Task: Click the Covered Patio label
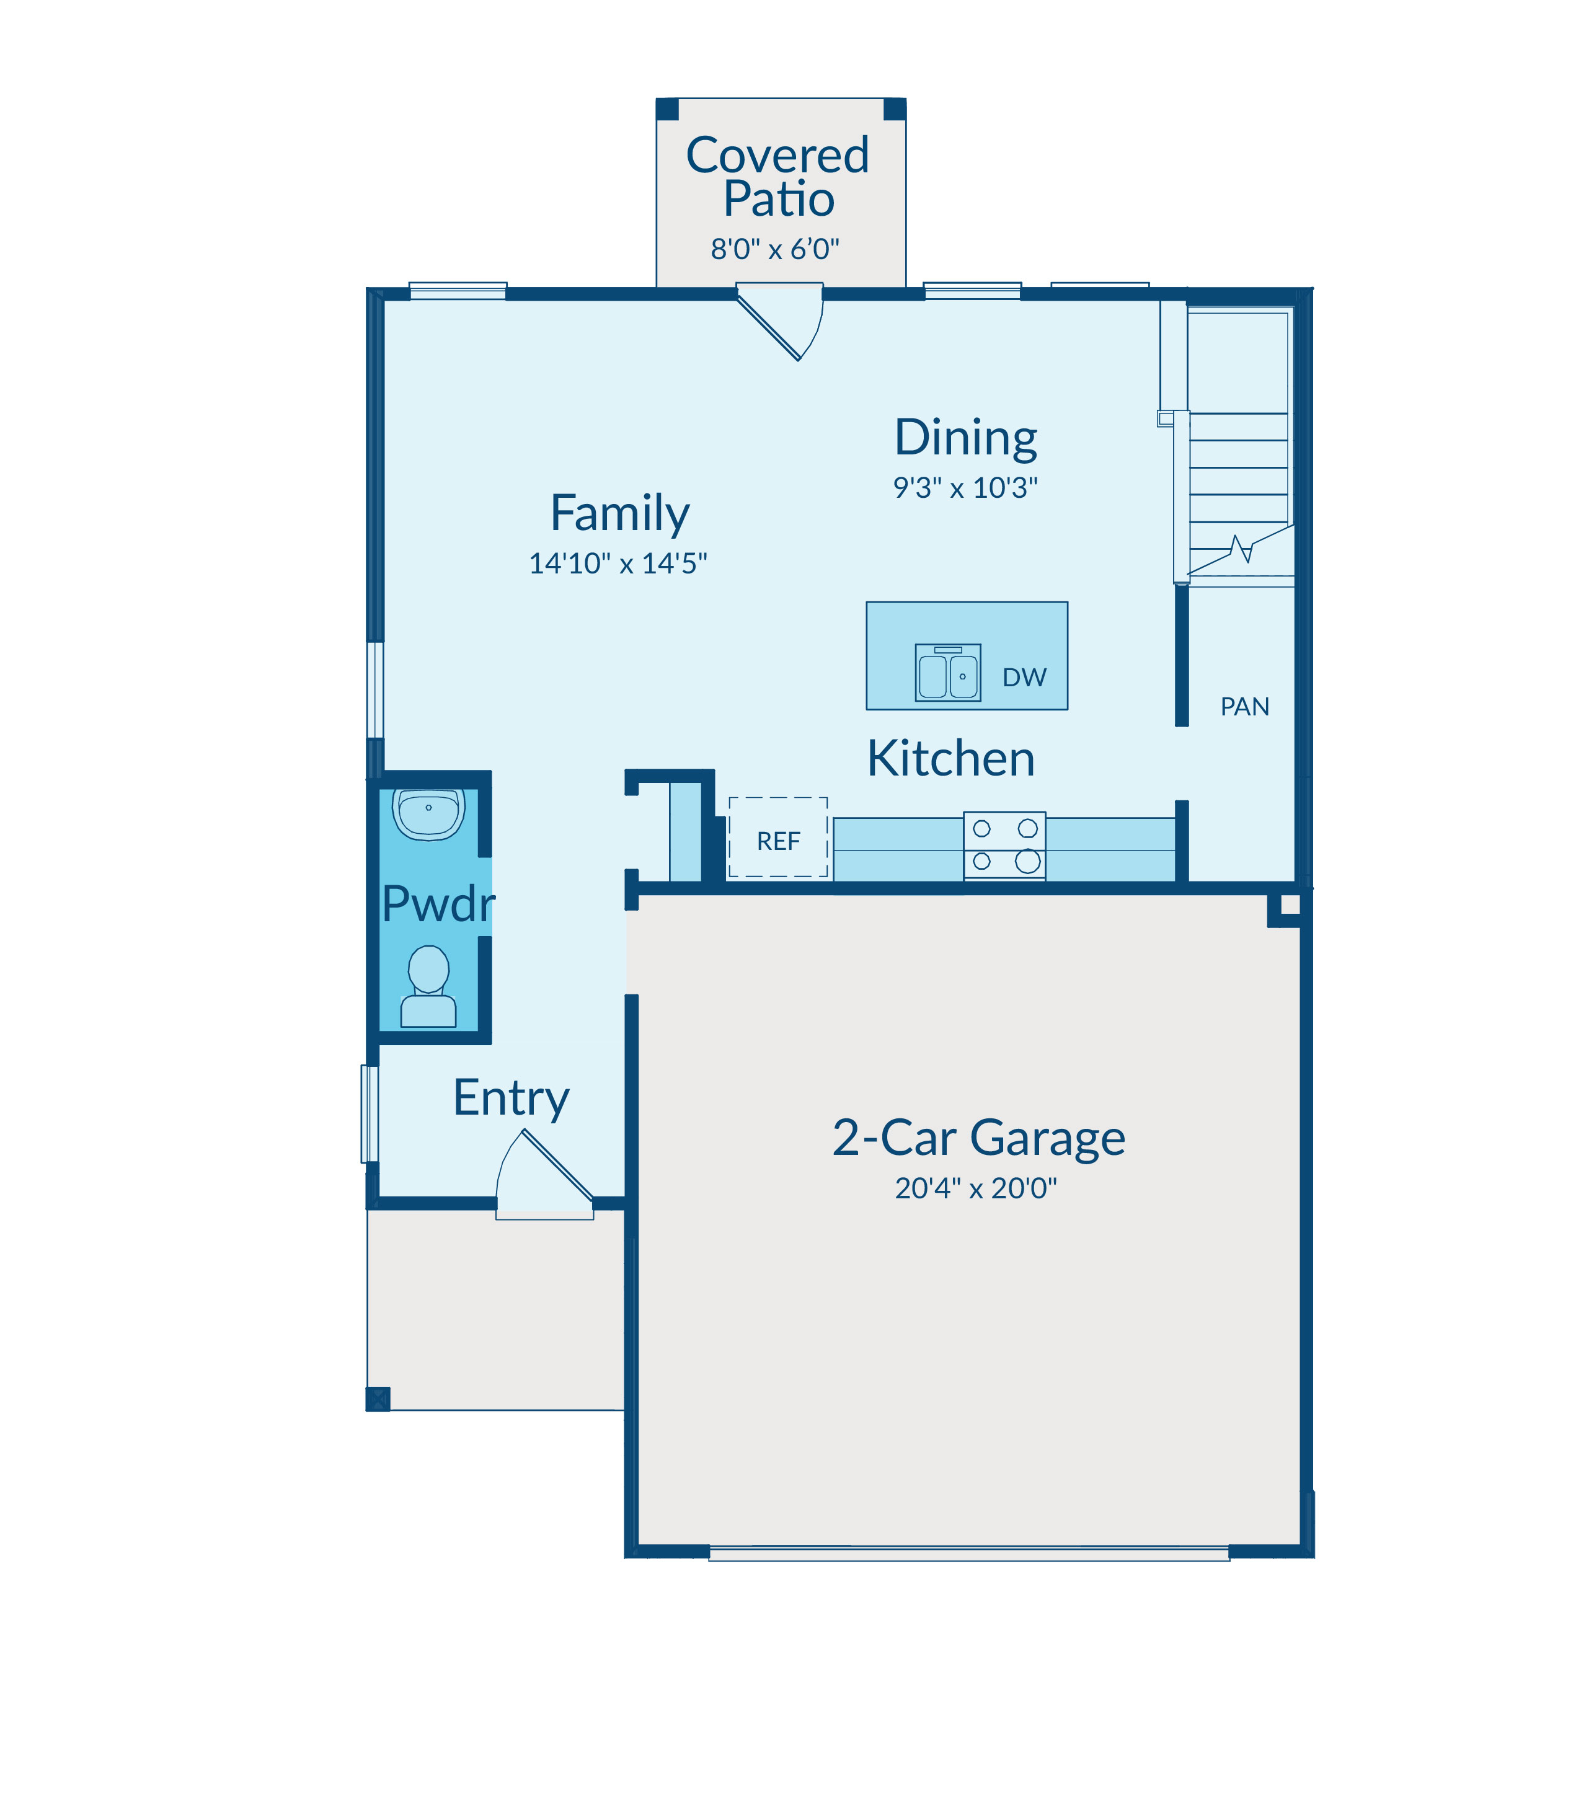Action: point(777,177)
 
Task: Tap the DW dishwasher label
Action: point(1024,678)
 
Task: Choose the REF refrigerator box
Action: point(778,837)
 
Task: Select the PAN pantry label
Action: point(1245,707)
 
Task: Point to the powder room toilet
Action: point(429,986)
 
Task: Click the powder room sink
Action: point(429,813)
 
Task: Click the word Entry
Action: point(511,1099)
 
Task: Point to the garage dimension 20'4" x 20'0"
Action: point(976,1188)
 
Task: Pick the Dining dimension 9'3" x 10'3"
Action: point(965,487)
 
